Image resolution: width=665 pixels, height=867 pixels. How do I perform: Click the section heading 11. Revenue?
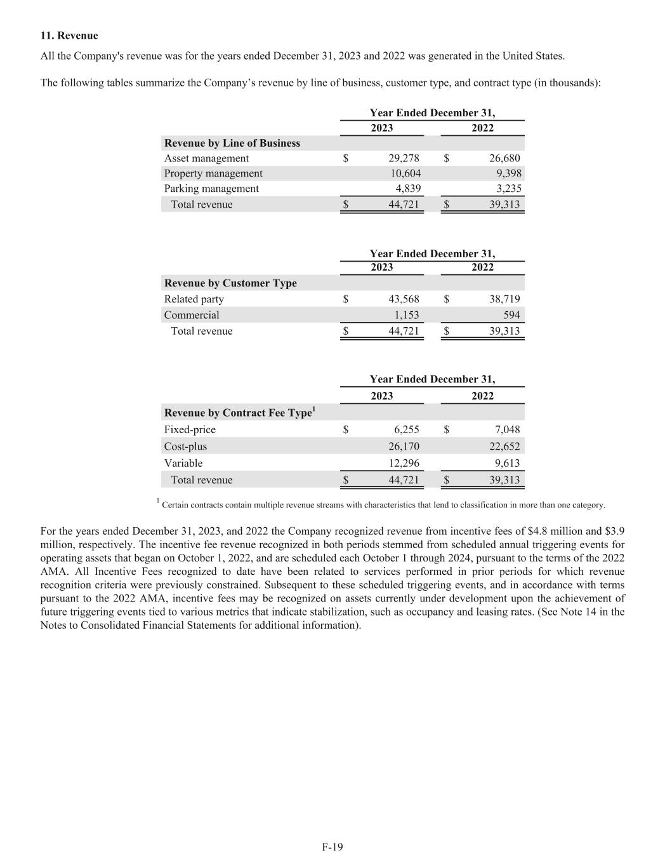(69, 36)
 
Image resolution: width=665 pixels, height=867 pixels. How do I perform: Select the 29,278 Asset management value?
(404, 158)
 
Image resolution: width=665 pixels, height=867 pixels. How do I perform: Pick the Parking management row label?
(211, 189)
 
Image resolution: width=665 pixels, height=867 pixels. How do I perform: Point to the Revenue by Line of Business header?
(232, 143)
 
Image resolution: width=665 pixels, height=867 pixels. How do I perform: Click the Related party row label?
(194, 299)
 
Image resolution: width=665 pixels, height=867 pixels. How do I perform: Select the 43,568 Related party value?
(404, 299)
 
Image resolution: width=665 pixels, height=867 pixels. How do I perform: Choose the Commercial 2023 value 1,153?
(407, 315)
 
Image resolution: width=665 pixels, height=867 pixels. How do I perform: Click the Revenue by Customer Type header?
(230, 283)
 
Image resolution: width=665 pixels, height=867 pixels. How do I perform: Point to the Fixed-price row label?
(190, 429)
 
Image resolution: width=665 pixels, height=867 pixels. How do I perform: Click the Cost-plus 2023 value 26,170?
(404, 447)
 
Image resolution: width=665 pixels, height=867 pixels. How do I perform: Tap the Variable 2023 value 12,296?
(404, 463)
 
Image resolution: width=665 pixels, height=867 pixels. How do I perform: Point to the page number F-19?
(332, 847)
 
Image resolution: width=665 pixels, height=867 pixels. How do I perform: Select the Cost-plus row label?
(185, 447)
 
